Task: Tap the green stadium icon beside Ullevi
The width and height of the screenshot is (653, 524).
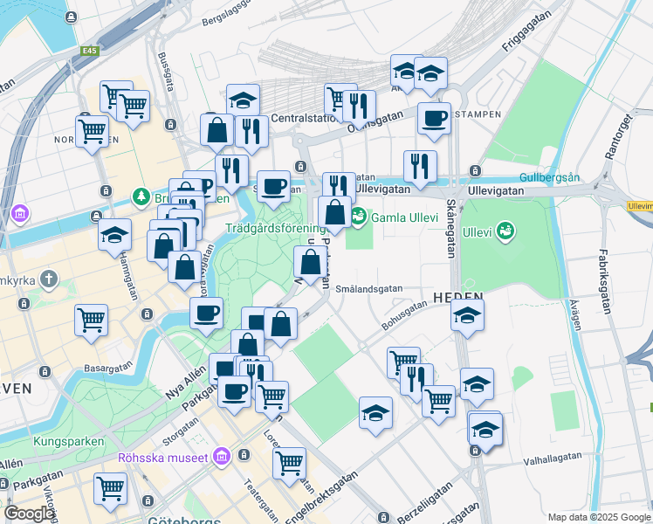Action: click(505, 231)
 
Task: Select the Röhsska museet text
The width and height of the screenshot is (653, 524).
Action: click(163, 458)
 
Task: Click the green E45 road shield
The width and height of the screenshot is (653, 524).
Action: click(89, 52)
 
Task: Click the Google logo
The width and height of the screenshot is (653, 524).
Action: click(29, 514)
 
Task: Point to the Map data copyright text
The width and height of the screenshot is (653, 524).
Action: click(599, 517)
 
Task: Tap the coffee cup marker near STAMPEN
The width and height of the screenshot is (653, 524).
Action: click(433, 119)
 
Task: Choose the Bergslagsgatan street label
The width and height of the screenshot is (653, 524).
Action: click(231, 17)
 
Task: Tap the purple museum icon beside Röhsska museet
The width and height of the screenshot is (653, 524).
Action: click(221, 457)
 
